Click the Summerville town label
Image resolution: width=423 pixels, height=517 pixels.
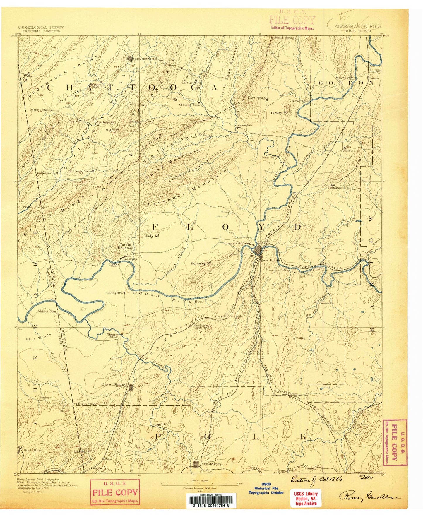click(x=146, y=59)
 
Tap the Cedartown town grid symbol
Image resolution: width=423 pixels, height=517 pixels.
click(x=196, y=464)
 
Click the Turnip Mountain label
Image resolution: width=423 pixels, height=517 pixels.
click(x=126, y=246)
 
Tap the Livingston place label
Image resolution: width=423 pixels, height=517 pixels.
click(x=115, y=292)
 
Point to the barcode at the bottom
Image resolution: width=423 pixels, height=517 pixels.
click(x=211, y=501)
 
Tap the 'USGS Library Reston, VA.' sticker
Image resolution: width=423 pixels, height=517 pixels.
click(x=305, y=498)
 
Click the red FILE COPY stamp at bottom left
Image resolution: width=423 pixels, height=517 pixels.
click(x=115, y=492)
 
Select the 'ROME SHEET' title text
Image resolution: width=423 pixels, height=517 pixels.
click(x=358, y=31)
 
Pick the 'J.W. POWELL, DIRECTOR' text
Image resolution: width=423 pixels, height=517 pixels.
click(x=40, y=31)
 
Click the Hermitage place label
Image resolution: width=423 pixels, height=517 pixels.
click(x=335, y=187)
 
